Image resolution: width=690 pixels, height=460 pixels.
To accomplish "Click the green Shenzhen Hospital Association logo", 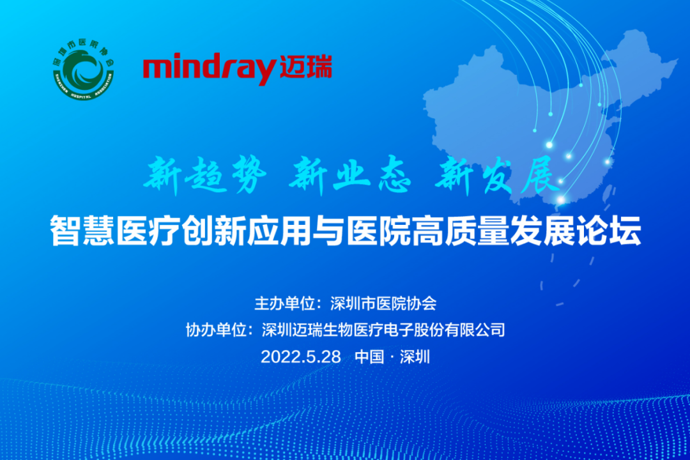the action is click(83, 70).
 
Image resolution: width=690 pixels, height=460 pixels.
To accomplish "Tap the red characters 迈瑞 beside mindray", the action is click(305, 67).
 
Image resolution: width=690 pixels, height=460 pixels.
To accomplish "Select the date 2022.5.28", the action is click(300, 356).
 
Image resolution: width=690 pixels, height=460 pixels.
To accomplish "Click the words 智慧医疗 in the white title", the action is click(115, 230).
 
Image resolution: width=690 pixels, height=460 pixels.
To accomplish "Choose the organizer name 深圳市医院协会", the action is click(383, 303).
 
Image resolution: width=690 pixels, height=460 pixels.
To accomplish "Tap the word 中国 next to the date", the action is click(369, 356).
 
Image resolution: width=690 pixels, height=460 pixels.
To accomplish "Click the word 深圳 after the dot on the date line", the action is click(415, 356).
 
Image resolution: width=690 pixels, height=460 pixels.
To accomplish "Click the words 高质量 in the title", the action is click(460, 230).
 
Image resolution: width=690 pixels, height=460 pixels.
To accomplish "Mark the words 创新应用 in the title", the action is click(247, 230).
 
